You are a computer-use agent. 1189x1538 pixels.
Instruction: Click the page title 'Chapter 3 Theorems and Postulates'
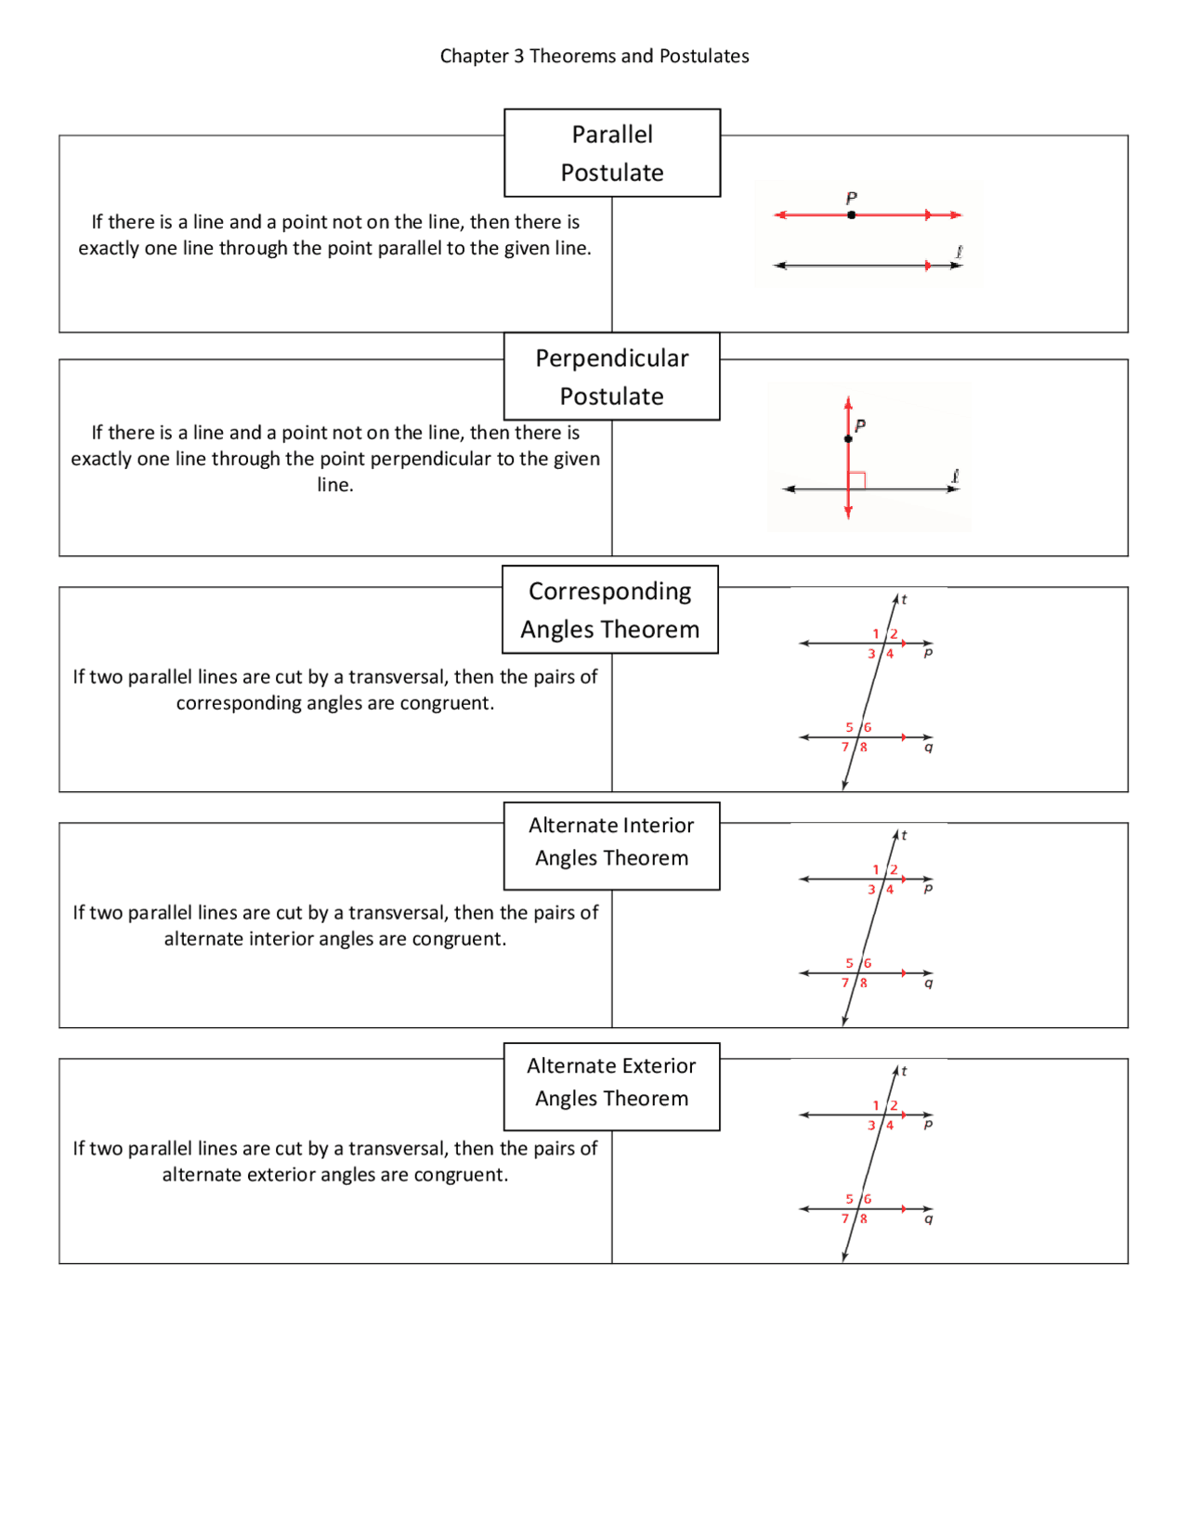(x=594, y=56)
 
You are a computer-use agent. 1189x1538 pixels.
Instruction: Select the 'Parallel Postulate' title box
(x=612, y=153)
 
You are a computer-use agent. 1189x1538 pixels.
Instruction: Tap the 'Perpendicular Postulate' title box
(x=612, y=377)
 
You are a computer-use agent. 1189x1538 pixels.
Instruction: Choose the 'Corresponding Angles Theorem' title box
(x=610, y=610)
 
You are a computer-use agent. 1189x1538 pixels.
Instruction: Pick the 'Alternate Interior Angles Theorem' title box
(x=612, y=842)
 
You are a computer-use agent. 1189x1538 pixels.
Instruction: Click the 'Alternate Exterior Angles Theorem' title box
(x=612, y=1082)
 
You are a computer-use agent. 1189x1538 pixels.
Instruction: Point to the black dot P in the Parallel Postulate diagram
(x=851, y=215)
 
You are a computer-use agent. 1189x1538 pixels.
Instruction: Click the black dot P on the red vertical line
(x=848, y=438)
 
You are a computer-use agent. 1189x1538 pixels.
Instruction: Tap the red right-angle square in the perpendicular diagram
(x=858, y=480)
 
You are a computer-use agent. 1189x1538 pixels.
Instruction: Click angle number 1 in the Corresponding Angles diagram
(x=875, y=633)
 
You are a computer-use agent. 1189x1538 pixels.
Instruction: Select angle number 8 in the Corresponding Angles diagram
(x=864, y=747)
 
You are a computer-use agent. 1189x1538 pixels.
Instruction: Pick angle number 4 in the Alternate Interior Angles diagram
(x=890, y=890)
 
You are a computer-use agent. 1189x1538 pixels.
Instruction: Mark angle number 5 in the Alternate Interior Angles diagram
(x=849, y=963)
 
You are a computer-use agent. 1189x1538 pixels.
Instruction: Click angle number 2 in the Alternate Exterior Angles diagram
(x=894, y=1105)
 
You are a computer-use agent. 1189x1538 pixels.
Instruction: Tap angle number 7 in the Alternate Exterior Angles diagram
(x=845, y=1219)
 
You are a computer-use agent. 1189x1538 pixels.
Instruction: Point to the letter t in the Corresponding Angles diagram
(x=904, y=600)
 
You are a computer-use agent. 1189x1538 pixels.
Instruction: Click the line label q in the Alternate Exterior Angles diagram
(x=928, y=1219)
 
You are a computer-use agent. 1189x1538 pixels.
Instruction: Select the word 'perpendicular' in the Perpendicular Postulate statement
(x=434, y=459)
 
